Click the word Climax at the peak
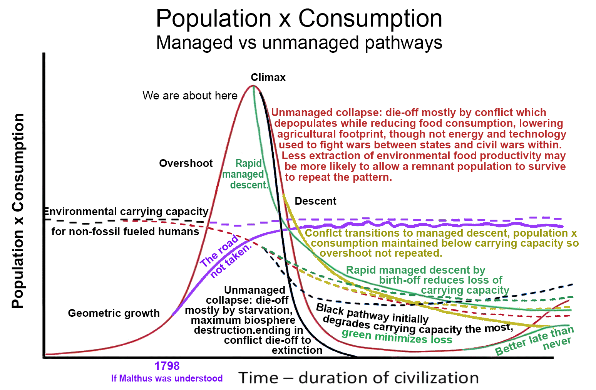(268, 77)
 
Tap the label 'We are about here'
(190, 96)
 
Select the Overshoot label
(186, 163)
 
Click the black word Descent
(315, 201)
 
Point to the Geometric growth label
(114, 313)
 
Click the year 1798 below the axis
(167, 366)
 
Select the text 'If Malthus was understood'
(167, 378)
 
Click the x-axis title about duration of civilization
(358, 378)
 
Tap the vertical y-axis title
(18, 211)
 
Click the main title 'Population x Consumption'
(299, 18)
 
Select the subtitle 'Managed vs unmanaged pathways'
(299, 42)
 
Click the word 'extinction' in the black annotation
(297, 350)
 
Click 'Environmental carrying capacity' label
(126, 212)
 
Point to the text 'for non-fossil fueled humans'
(125, 232)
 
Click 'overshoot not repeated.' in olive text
(381, 253)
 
